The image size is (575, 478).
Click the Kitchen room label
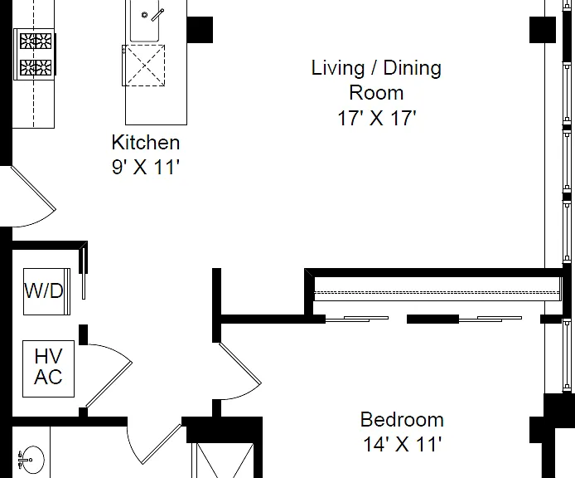click(x=146, y=142)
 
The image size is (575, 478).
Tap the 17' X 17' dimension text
click(x=377, y=118)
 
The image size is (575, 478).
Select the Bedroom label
click(x=402, y=420)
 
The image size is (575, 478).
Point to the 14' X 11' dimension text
click(x=402, y=444)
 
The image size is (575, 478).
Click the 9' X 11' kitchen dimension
click(x=145, y=167)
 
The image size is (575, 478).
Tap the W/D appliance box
click(x=46, y=292)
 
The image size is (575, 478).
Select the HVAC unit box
click(x=48, y=368)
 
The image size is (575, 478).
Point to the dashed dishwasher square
click(x=143, y=66)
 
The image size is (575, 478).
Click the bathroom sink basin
click(x=33, y=459)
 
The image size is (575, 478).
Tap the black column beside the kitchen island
click(x=200, y=30)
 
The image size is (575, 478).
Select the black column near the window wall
click(x=543, y=30)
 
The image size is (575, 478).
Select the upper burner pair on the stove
click(x=36, y=41)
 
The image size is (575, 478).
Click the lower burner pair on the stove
click(x=36, y=67)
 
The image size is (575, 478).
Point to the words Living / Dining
click(x=376, y=68)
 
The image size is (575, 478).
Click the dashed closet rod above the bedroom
click(x=437, y=293)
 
